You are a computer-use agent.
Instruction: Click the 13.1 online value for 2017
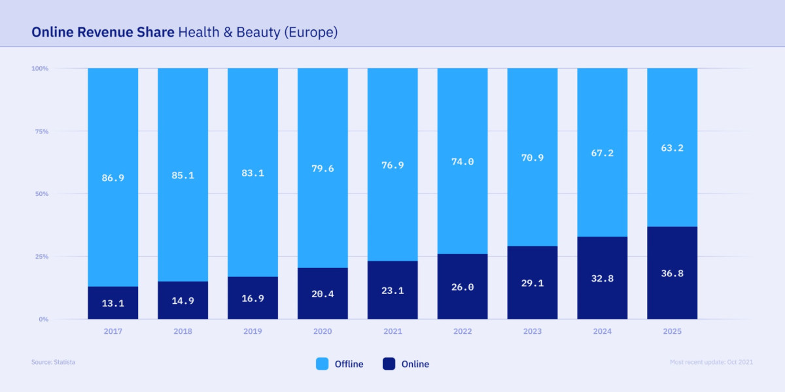[113, 303]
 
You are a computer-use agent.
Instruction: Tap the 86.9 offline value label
[113, 178]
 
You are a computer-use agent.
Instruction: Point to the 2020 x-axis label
[323, 331]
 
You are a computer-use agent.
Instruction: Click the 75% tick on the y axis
[41, 131]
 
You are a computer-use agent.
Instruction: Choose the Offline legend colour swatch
[323, 364]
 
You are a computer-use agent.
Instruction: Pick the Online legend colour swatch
[389, 364]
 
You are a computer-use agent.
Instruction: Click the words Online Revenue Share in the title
[103, 32]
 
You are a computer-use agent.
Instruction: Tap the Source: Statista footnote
[53, 362]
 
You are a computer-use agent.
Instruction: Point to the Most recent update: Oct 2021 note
[711, 362]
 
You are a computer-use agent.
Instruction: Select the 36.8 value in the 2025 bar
[672, 273]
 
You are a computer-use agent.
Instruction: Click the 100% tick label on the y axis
[40, 69]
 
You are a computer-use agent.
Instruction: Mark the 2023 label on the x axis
[532, 331]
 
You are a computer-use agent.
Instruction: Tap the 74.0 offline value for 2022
[462, 162]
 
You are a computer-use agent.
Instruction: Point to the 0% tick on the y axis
[43, 319]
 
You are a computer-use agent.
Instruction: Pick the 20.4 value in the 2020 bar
[323, 294]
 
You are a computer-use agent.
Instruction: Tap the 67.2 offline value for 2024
[602, 153]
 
